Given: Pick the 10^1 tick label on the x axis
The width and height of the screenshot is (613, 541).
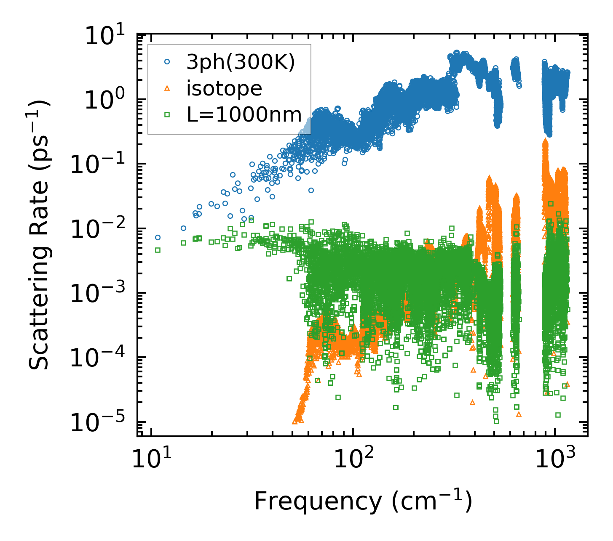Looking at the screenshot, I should tap(149, 460).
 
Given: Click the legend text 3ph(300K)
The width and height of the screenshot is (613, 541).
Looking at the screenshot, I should tap(241, 63).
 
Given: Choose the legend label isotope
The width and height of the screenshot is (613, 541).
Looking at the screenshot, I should tap(225, 88).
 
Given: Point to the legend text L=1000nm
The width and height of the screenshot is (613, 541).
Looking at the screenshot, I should tap(244, 114).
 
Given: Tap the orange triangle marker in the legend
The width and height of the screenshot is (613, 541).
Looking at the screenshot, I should tap(167, 88).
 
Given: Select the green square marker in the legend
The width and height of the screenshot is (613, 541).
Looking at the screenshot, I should tap(167, 114).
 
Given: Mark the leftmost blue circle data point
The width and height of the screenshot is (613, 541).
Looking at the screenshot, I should tap(158, 237).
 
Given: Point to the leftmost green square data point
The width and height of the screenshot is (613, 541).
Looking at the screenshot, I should tap(158, 250).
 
